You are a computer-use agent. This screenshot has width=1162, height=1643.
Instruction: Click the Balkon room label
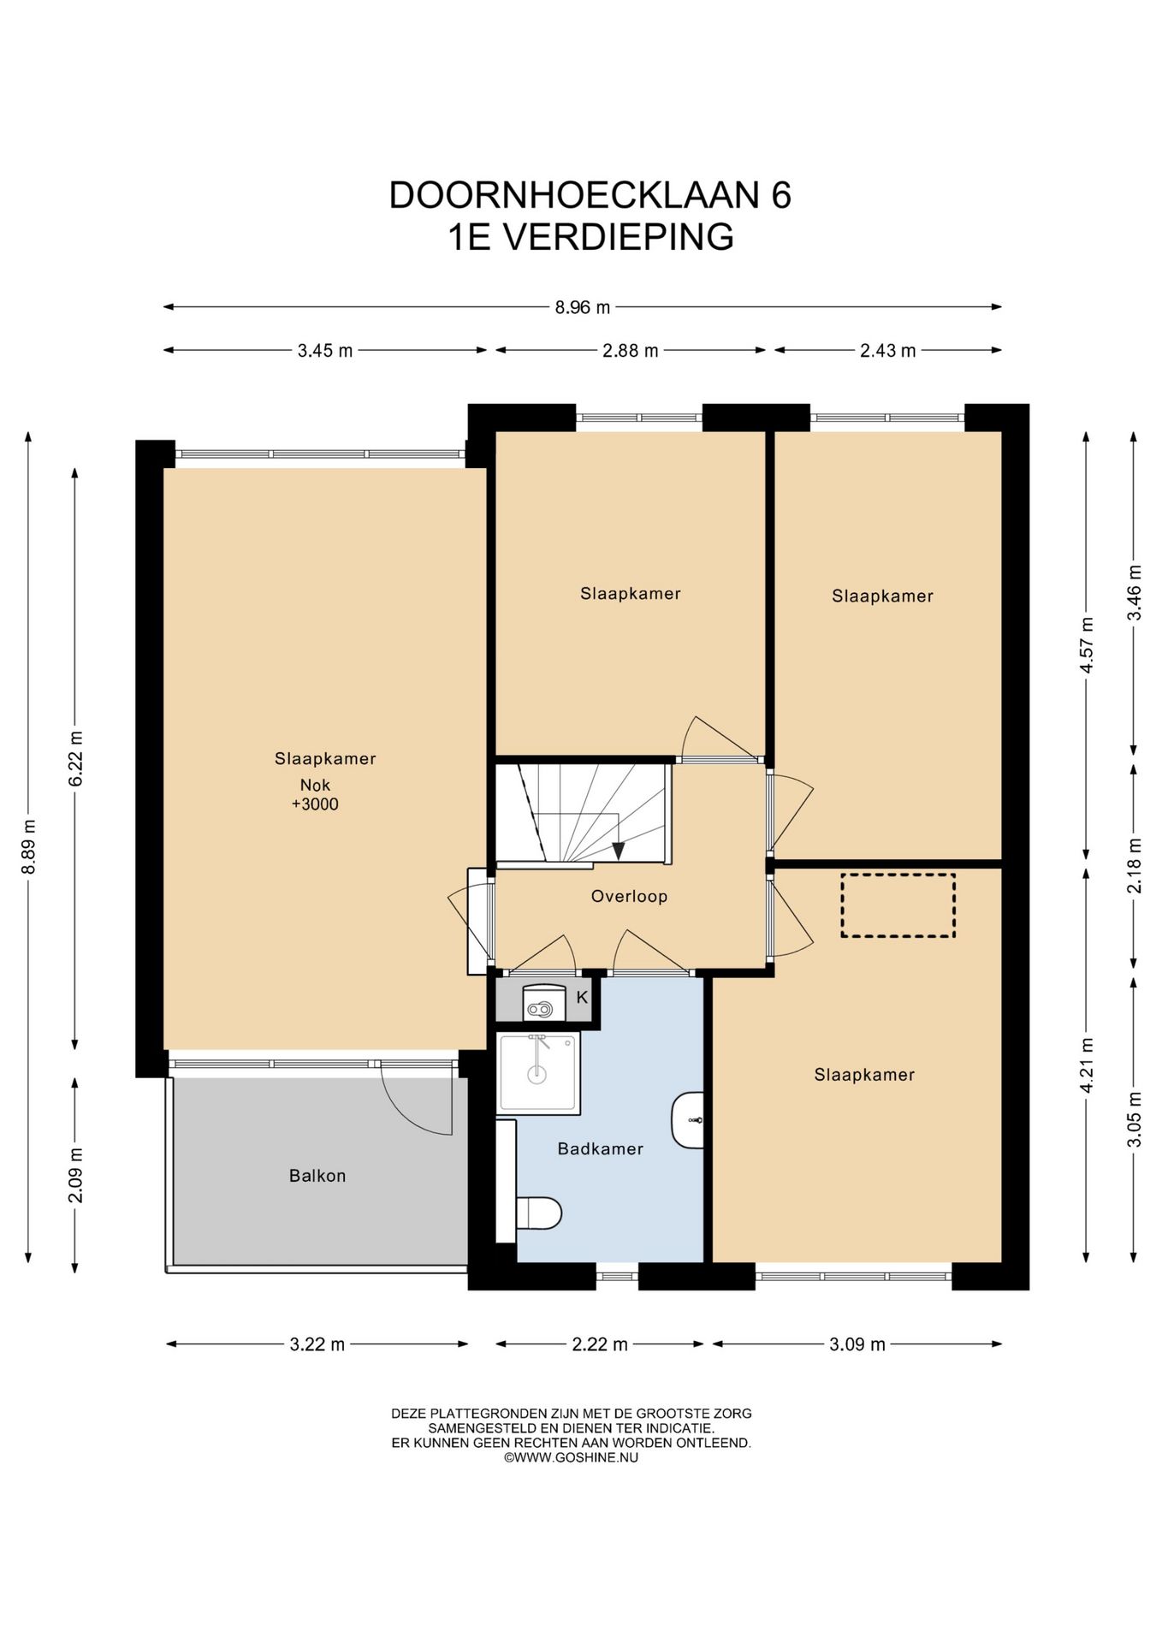click(317, 1176)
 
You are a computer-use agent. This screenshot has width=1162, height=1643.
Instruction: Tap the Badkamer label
click(600, 1148)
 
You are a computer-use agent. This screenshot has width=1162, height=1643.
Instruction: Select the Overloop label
click(629, 896)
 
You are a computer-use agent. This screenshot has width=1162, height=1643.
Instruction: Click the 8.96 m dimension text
click(583, 306)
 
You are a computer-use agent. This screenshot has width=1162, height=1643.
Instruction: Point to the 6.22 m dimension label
click(75, 758)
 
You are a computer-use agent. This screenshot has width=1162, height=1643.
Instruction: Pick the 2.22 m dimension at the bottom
click(600, 1343)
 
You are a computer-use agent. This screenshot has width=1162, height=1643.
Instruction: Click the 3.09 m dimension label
click(857, 1343)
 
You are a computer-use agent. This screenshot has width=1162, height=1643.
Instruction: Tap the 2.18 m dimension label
click(1135, 866)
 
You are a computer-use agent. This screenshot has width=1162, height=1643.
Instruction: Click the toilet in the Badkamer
click(538, 1213)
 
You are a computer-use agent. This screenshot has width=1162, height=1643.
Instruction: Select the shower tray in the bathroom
click(538, 1073)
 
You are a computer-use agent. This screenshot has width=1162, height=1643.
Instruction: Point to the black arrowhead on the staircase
click(618, 851)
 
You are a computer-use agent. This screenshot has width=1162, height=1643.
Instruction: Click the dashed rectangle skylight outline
click(898, 905)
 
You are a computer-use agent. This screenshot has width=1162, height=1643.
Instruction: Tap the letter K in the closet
click(582, 997)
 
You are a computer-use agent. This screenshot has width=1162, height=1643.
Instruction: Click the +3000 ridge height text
click(315, 804)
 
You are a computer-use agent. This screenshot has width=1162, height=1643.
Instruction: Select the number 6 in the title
click(780, 195)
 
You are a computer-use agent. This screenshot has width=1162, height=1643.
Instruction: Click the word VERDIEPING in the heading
click(617, 237)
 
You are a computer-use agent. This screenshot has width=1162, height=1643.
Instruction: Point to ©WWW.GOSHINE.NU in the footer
click(571, 1457)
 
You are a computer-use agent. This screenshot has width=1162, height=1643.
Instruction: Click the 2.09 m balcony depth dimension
click(75, 1174)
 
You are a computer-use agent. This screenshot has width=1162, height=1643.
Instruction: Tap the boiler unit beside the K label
click(543, 1003)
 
